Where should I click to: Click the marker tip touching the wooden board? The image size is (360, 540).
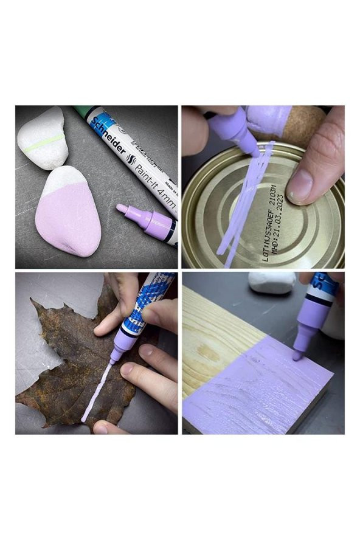297,356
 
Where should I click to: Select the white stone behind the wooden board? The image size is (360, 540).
271,282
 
